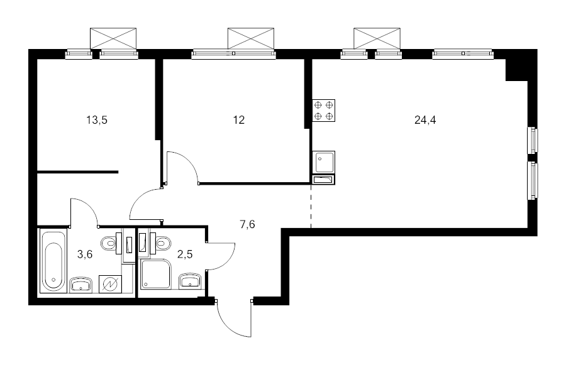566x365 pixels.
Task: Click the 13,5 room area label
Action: click(97, 120)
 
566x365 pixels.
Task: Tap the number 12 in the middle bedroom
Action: click(238, 120)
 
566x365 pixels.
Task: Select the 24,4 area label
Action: click(425, 120)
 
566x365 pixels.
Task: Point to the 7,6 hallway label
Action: click(247, 224)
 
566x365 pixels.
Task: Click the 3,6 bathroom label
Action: click(85, 254)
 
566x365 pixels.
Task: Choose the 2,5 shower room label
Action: click(185, 254)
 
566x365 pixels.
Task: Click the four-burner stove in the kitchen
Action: click(324, 111)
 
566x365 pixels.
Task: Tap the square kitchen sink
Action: click(324, 162)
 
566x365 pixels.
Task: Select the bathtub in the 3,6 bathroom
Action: click(53, 261)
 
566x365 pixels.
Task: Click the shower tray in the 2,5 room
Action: click(155, 274)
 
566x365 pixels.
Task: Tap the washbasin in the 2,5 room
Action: click(190, 281)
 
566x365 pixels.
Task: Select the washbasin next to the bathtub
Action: click(82, 284)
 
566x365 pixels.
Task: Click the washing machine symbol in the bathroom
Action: click(110, 285)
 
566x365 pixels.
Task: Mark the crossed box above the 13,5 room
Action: click(113, 38)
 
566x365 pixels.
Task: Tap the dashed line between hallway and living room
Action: click(311, 207)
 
